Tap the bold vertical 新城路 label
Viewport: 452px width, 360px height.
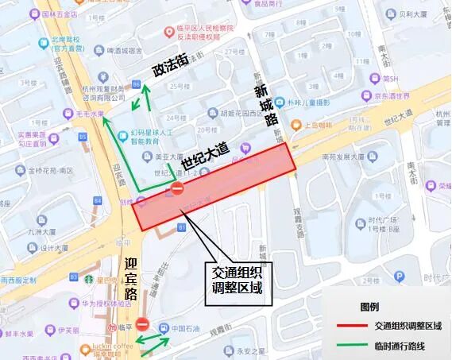click(x=265, y=105)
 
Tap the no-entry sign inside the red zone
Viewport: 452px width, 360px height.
click(x=177, y=190)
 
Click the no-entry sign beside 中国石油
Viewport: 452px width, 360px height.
click(x=142, y=324)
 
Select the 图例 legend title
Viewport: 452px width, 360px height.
click(x=369, y=307)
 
